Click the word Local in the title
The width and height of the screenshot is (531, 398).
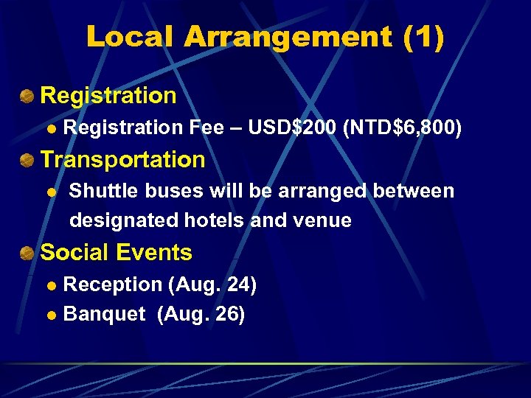coord(129,37)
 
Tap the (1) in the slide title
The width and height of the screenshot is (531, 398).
coord(424,37)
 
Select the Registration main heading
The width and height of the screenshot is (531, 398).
coord(108,95)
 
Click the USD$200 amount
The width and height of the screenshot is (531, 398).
coord(293,128)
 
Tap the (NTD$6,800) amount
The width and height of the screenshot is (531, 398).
coord(403,128)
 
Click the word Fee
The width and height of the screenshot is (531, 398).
coord(207,128)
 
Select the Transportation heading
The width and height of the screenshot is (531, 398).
coord(122,159)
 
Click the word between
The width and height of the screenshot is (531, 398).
coord(414,192)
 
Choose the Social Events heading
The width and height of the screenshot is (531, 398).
coord(116,253)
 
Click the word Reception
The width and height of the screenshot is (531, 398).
coord(113,284)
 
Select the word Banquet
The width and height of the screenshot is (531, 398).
coord(105,314)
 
